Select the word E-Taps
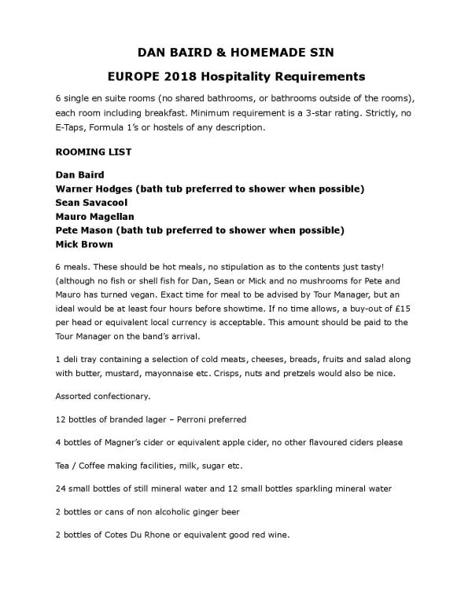point(72,127)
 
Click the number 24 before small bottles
point(61,488)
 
